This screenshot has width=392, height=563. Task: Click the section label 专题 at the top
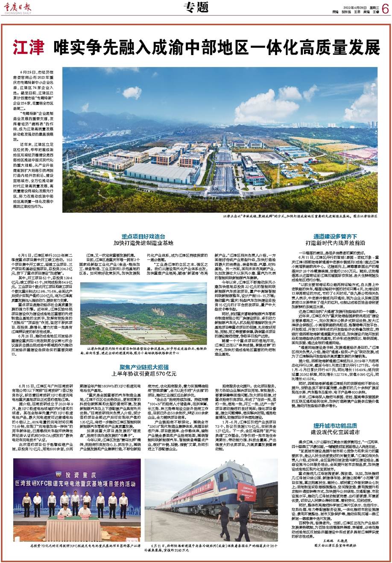pos(196,7)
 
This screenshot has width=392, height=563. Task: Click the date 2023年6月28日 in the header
pos(346,7)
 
